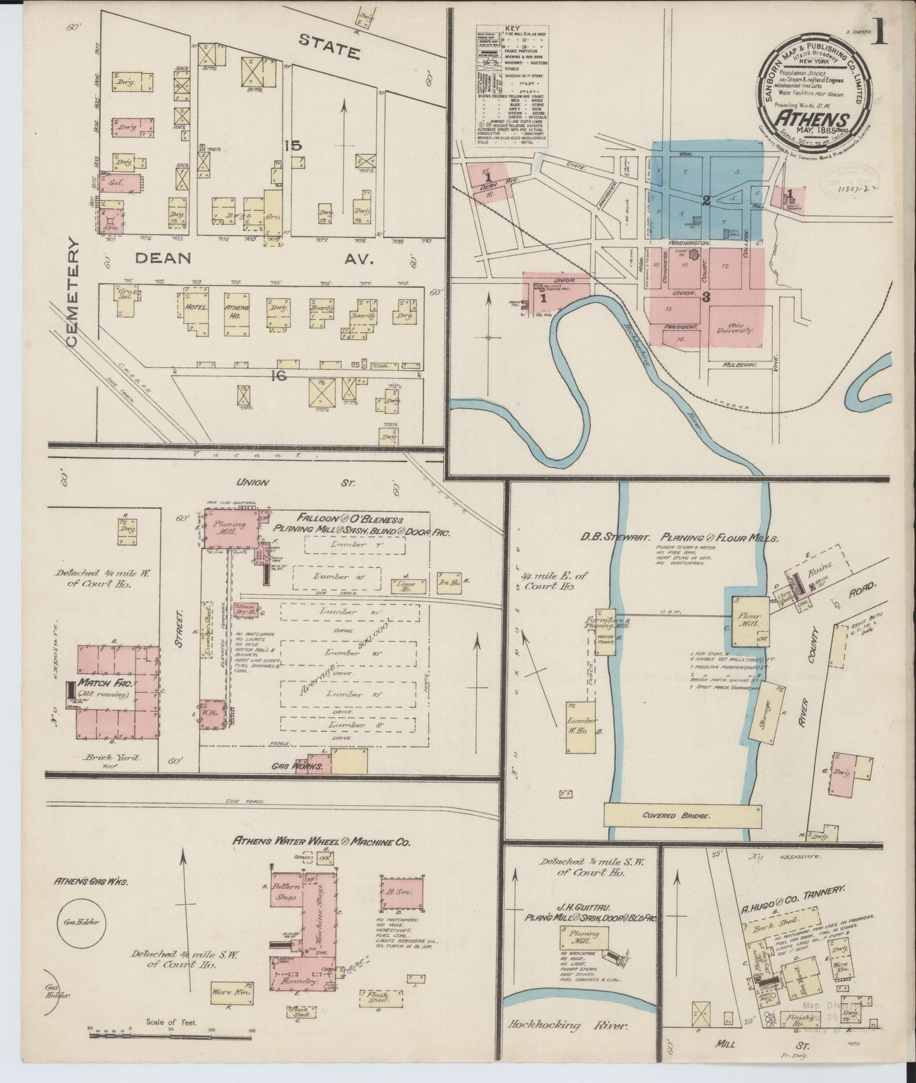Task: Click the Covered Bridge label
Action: pyautogui.click(x=682, y=816)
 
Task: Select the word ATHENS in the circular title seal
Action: pyautogui.click(x=813, y=119)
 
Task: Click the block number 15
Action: pyautogui.click(x=293, y=146)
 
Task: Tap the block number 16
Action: pyautogui.click(x=278, y=376)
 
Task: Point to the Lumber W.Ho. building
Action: pyautogui.click(x=580, y=726)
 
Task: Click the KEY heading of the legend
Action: pyautogui.click(x=512, y=29)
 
